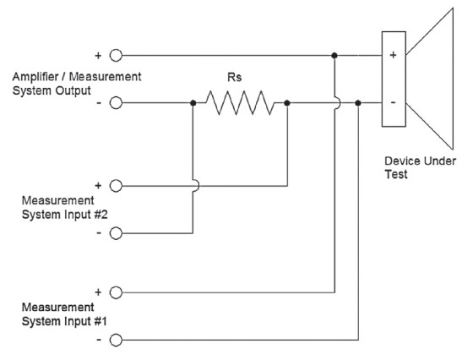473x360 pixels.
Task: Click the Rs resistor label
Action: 235,77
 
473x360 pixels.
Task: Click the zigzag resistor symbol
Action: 240,103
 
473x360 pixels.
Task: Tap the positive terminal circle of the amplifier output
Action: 116,56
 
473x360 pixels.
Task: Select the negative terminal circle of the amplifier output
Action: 116,103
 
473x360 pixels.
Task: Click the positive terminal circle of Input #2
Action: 116,186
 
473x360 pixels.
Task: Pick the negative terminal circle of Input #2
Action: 116,233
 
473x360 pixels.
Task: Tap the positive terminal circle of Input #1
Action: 116,292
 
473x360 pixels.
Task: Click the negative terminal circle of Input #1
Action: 116,340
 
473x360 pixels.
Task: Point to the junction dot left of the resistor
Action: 193,103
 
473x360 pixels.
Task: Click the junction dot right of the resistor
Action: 287,103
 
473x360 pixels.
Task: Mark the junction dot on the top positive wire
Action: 334,56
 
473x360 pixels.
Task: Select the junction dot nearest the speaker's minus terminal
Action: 358,103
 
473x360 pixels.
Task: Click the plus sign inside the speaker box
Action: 393,55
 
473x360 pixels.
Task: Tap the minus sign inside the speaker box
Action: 393,102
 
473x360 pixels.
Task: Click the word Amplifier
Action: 35,77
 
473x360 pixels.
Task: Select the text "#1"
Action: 101,321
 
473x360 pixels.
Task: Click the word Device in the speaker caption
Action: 402,161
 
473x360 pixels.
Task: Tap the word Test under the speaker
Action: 396,174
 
